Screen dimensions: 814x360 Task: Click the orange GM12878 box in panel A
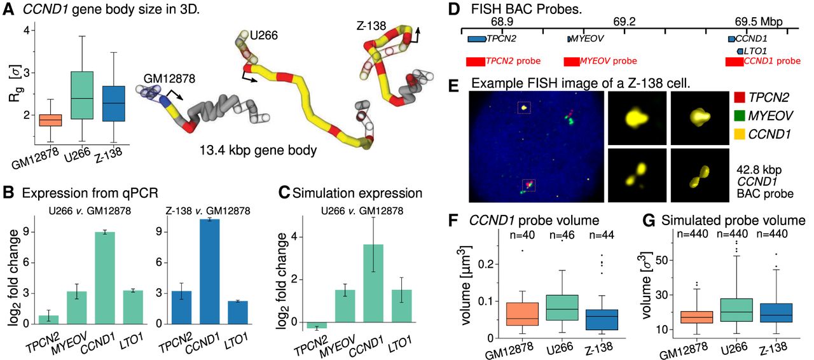tap(50, 120)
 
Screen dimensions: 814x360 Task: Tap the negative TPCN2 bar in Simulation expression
tap(317, 325)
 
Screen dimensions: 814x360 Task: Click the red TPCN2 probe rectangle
tap(475, 62)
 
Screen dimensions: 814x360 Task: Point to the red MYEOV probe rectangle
tap(572, 62)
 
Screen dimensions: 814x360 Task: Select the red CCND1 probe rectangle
tap(735, 62)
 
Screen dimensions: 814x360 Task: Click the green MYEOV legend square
tap(740, 116)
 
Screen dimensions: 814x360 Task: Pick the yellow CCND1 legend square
tap(740, 135)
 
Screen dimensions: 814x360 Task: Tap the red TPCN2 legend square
tap(740, 97)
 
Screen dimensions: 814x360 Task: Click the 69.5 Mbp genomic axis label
tap(759, 22)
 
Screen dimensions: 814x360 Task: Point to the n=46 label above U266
tap(562, 235)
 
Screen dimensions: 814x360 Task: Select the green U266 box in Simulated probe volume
tap(736, 310)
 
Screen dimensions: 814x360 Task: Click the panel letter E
tap(453, 87)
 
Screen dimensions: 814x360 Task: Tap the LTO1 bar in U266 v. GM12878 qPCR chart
tap(133, 307)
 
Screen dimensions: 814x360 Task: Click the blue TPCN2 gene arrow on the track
tap(477, 39)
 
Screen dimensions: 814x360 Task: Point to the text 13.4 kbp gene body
tap(258, 151)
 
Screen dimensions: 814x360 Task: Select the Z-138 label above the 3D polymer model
tap(371, 26)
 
